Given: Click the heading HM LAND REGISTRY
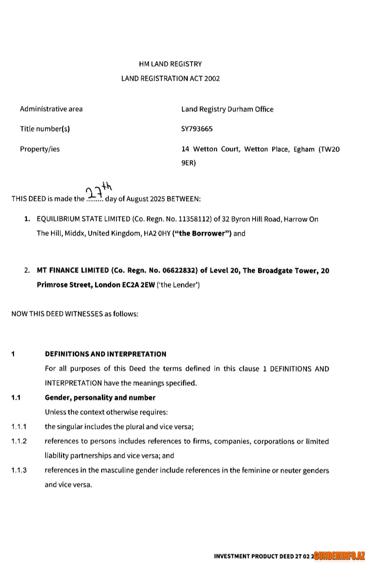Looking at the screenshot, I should pos(170,64).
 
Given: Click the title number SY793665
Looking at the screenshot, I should pos(197,129).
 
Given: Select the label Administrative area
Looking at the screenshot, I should pos(51,109).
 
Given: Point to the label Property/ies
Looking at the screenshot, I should pos(40,149).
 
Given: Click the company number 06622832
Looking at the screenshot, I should pos(179,270).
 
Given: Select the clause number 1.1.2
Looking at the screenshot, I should pos(19,441).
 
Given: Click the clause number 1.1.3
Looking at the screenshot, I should pos(19,470).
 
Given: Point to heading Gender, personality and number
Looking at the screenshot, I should pos(100,398).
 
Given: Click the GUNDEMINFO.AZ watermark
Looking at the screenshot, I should pos(339,556).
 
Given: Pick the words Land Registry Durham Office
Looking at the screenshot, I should pos(227,109).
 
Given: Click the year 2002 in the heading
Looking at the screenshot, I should pos(212,79).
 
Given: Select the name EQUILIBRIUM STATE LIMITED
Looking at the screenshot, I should pos(83,219).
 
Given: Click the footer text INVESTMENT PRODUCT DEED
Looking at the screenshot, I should pos(254,556).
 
